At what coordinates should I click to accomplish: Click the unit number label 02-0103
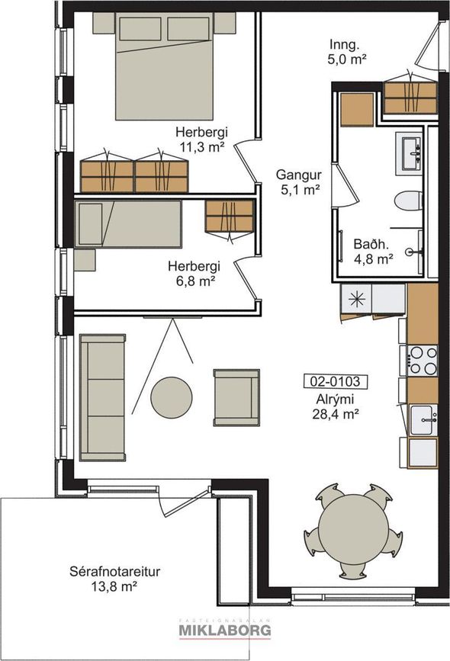point(336,381)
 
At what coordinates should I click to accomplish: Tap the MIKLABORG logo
point(225,630)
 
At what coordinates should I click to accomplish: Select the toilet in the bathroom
point(408,200)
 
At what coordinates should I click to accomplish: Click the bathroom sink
point(409,153)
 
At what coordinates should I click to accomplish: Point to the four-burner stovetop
point(423,360)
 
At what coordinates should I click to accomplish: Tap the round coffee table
point(172,397)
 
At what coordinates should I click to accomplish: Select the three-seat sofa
point(102,397)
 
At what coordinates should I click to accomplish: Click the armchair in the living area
point(236,397)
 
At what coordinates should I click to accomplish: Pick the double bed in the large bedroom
point(164,66)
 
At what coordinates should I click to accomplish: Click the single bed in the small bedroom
point(128,224)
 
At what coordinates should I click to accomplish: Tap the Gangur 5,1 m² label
point(299,182)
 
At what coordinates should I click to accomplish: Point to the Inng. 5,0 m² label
point(347,51)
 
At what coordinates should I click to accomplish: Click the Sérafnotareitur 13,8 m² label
point(114,579)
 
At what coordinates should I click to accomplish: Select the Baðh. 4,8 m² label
point(373,252)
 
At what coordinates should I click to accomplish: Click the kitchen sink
point(423,419)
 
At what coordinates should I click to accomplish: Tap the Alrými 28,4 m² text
point(336,406)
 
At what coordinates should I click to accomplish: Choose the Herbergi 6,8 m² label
point(194,273)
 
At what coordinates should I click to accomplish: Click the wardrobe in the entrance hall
point(410,98)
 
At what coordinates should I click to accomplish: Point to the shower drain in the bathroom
point(410,252)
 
